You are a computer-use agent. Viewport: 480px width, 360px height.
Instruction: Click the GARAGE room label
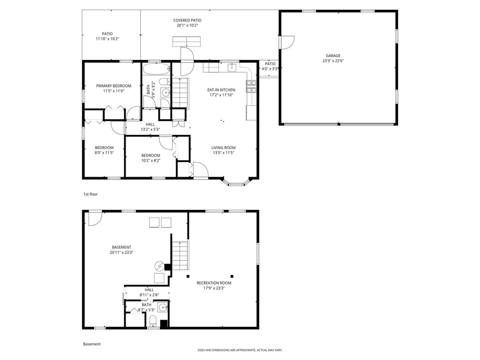(x=333, y=56)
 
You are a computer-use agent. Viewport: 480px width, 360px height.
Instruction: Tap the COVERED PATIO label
(x=187, y=20)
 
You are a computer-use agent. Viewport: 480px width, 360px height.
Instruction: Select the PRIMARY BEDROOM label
(x=113, y=86)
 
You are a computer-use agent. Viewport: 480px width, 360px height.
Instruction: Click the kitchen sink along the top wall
(x=232, y=68)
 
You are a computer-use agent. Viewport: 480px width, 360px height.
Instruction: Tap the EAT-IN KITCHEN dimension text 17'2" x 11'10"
(x=221, y=95)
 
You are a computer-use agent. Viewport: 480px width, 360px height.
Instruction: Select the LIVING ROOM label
(x=223, y=147)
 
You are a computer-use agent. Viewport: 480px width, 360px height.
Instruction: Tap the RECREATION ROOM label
(x=214, y=283)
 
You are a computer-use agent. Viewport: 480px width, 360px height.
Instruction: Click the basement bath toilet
(x=153, y=322)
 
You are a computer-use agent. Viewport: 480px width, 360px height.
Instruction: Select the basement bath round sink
(x=162, y=308)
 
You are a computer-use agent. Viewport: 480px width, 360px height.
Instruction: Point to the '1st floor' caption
(x=90, y=194)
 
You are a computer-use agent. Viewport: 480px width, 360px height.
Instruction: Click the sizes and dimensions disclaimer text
(x=240, y=350)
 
